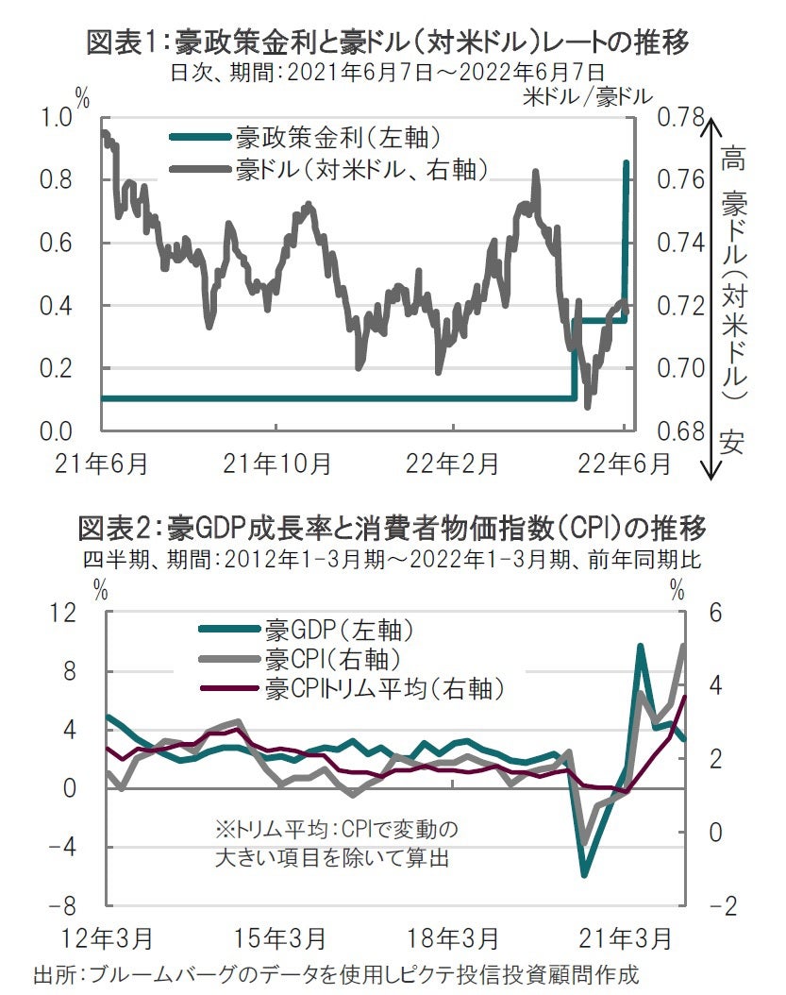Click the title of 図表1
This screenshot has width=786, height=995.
tap(387, 42)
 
